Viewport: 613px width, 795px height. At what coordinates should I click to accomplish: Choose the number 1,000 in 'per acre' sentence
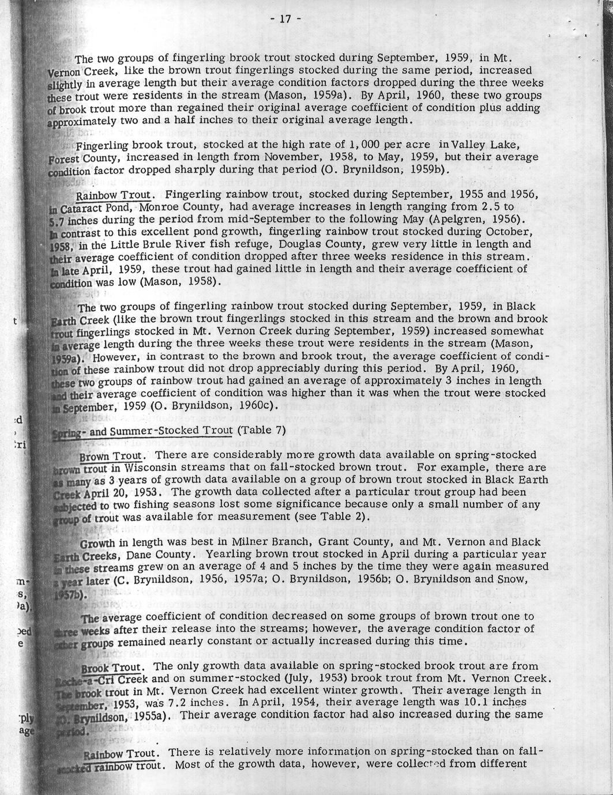click(x=345, y=144)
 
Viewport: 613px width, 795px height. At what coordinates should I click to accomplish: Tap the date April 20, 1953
click(x=118, y=493)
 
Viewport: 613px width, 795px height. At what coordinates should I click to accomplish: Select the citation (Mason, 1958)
click(x=179, y=281)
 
